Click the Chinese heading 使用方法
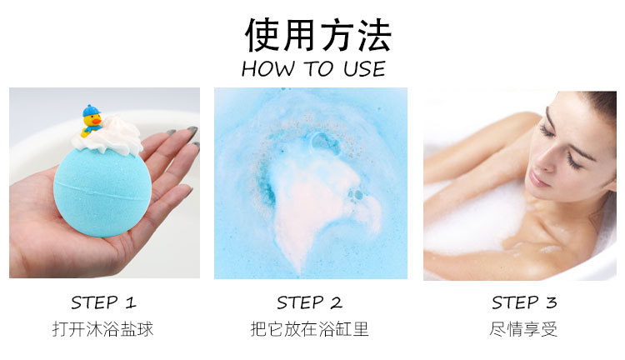tap(317, 34)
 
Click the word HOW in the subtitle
tap(262, 68)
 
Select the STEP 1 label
tap(103, 302)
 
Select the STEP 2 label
tap(309, 302)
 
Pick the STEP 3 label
tap(523, 302)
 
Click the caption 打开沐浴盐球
tap(103, 328)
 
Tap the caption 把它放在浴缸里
tap(309, 328)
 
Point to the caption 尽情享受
tap(523, 328)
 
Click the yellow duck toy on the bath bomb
tap(92, 123)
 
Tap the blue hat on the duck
tap(90, 111)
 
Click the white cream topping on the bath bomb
tap(112, 135)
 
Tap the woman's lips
tap(537, 177)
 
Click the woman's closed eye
tap(547, 131)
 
